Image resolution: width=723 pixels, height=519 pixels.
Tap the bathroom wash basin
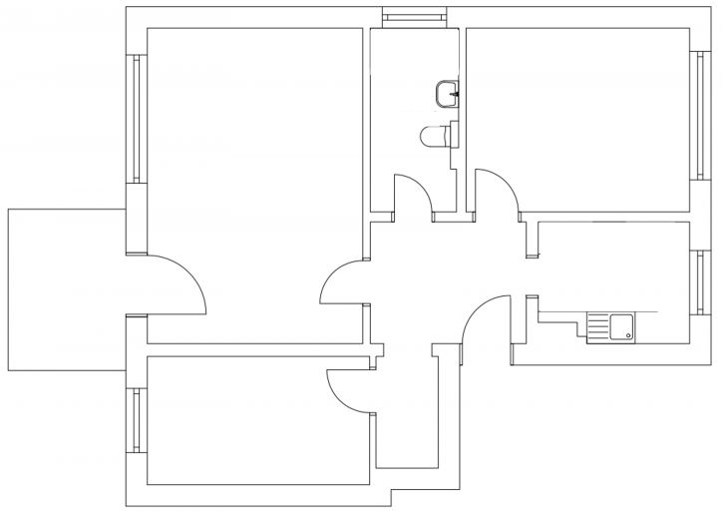[448, 94]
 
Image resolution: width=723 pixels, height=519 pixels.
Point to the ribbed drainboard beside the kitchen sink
[597, 326]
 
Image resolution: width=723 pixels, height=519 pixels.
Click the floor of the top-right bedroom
[578, 110]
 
